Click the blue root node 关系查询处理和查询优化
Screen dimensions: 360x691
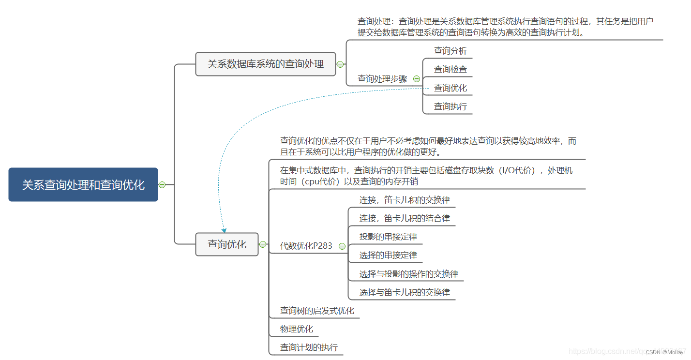click(83, 184)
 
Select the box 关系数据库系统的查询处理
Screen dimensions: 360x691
click(265, 64)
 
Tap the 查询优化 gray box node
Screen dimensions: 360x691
click(226, 244)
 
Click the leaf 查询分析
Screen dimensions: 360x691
click(450, 51)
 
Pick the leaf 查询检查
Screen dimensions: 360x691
click(450, 69)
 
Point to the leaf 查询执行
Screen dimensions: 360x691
click(450, 106)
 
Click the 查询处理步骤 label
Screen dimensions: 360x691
click(382, 79)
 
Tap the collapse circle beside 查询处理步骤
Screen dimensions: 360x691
click(417, 79)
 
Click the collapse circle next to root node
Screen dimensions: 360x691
click(162, 184)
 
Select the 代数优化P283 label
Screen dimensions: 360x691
click(306, 246)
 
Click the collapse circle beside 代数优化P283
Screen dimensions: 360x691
click(342, 246)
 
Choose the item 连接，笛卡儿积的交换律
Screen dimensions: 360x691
click(404, 200)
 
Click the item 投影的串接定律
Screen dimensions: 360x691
click(388, 237)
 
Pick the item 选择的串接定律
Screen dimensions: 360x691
click(388, 255)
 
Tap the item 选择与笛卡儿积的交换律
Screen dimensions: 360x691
click(404, 292)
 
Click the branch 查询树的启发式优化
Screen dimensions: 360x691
click(317, 311)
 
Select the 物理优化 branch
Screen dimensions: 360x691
click(296, 330)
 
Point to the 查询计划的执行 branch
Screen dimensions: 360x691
click(309, 347)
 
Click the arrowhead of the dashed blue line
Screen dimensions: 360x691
click(224, 230)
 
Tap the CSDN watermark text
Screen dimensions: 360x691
click(664, 352)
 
